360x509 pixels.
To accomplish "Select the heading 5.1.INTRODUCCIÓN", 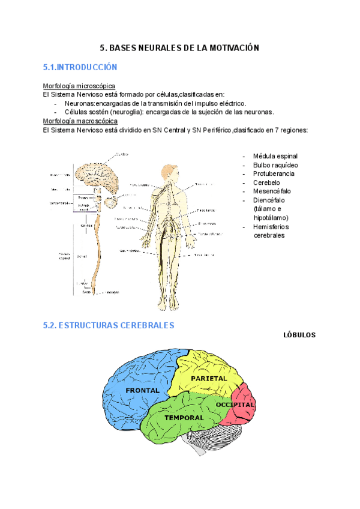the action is [x=80, y=67].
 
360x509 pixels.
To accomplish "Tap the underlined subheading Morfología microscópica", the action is [x=79, y=86].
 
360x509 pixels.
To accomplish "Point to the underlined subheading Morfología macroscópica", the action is [x=80, y=121].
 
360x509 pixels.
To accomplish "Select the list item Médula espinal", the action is [x=275, y=156].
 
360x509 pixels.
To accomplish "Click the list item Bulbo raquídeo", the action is [x=275, y=165].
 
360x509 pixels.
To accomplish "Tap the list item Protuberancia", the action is [x=274, y=173].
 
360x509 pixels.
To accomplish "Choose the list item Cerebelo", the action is [x=266, y=182].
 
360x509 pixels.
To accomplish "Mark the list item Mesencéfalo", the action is [x=272, y=191].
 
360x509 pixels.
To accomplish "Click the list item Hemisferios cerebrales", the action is [x=271, y=231].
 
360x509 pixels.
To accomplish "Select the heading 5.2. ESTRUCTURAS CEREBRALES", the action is [x=109, y=325].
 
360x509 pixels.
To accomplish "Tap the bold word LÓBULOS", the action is [x=299, y=335].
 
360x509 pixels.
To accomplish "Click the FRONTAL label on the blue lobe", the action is [x=143, y=390].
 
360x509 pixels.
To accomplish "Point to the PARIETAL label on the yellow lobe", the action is [x=209, y=379].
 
